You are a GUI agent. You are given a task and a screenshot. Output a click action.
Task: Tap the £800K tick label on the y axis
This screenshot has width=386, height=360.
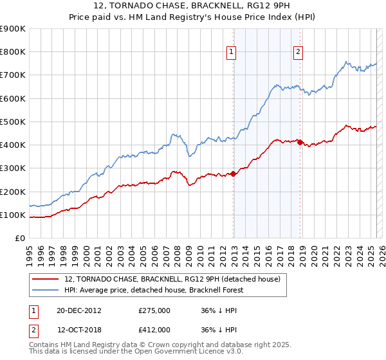pyautogui.click(x=14, y=52)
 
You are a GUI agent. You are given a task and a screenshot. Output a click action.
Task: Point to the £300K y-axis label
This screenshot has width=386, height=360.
pyautogui.click(x=14, y=168)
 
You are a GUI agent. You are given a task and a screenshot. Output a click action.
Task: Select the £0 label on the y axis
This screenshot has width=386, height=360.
pyautogui.click(x=20, y=239)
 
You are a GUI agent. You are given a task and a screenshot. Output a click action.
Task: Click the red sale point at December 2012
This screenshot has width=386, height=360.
pyautogui.click(x=234, y=174)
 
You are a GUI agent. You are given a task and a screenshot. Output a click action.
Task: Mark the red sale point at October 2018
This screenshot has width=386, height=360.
pyautogui.click(x=300, y=142)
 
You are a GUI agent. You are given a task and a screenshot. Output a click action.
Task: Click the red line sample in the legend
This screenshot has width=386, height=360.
pyautogui.click(x=45, y=280)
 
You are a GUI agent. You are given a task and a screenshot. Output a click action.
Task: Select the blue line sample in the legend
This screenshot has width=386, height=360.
pyautogui.click(x=45, y=291)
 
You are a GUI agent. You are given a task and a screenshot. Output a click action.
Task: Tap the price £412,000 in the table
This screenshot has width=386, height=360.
pyautogui.click(x=154, y=329)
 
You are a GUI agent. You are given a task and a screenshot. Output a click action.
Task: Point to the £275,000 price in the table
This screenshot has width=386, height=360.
pyautogui.click(x=154, y=310)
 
